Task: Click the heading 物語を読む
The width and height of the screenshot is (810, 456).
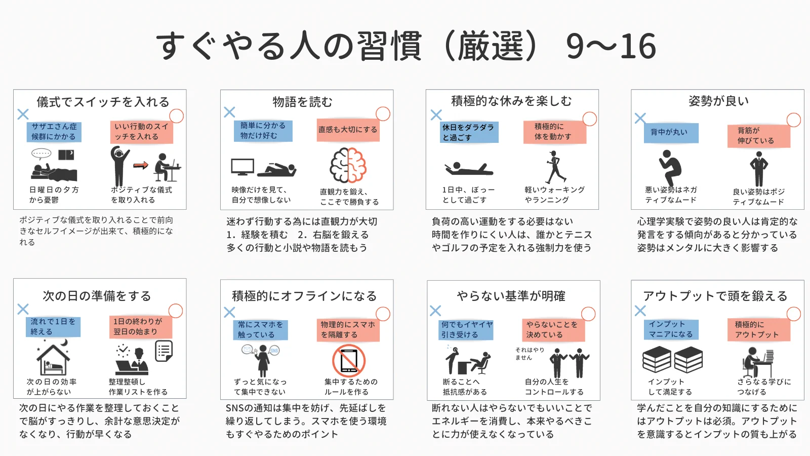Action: (x=302, y=102)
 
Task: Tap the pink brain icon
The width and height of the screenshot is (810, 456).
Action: (x=348, y=165)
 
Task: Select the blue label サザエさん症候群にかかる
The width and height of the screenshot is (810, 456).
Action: (x=54, y=132)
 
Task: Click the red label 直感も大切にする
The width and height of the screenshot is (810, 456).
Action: (x=348, y=130)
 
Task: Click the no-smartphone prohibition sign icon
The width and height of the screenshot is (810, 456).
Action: (x=349, y=361)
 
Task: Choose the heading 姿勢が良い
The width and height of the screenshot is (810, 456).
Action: (x=718, y=101)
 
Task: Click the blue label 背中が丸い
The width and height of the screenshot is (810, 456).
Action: (x=669, y=132)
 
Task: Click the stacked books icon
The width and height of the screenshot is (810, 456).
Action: (x=672, y=360)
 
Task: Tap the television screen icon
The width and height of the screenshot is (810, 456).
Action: (x=242, y=167)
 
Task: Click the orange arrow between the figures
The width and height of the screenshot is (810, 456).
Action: (x=141, y=165)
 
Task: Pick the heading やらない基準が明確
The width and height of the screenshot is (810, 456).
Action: (x=511, y=296)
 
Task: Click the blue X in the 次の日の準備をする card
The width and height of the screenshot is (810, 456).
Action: (x=23, y=309)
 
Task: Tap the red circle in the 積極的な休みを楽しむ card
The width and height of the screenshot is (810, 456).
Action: (x=590, y=119)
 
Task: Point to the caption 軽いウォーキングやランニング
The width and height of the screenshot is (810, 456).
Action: (x=554, y=195)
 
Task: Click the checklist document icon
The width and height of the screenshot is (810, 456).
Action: (x=164, y=351)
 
